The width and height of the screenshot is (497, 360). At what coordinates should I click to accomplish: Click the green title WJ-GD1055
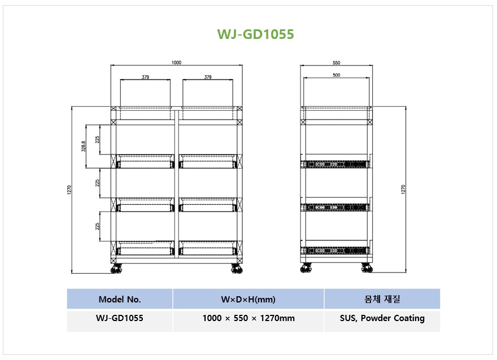(255, 34)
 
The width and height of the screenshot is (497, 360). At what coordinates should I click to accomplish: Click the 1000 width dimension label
(176, 63)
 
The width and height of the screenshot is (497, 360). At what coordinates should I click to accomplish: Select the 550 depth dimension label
(336, 63)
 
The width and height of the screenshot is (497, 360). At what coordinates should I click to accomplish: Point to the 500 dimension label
(336, 75)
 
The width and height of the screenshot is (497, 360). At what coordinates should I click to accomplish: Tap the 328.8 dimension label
(84, 146)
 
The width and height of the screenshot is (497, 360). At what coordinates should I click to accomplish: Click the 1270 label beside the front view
(69, 190)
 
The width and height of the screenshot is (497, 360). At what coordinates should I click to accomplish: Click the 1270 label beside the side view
(403, 190)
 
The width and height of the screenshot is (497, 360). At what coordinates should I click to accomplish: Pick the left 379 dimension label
(145, 77)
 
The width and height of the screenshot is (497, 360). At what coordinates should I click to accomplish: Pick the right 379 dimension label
(208, 77)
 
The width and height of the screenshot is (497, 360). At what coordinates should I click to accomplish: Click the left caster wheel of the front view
(116, 269)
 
